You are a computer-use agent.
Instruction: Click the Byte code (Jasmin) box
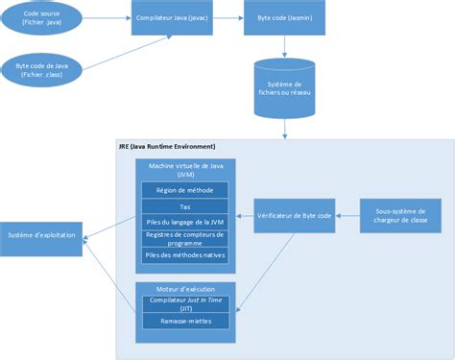click(x=285, y=18)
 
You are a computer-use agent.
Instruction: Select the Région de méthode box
click(x=185, y=190)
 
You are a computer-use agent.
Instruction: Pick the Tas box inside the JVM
click(x=185, y=206)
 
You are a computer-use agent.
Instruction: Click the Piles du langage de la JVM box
click(x=185, y=222)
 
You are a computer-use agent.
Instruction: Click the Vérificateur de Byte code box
click(x=295, y=216)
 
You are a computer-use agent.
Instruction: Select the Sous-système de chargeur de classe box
click(x=401, y=216)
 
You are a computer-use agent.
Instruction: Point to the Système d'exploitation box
click(x=42, y=235)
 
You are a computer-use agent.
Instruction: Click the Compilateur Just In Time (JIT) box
click(x=185, y=303)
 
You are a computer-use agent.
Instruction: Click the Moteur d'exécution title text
click(x=185, y=288)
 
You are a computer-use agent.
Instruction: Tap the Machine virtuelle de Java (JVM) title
click(x=185, y=170)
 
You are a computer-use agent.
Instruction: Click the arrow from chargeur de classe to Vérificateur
click(x=347, y=216)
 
